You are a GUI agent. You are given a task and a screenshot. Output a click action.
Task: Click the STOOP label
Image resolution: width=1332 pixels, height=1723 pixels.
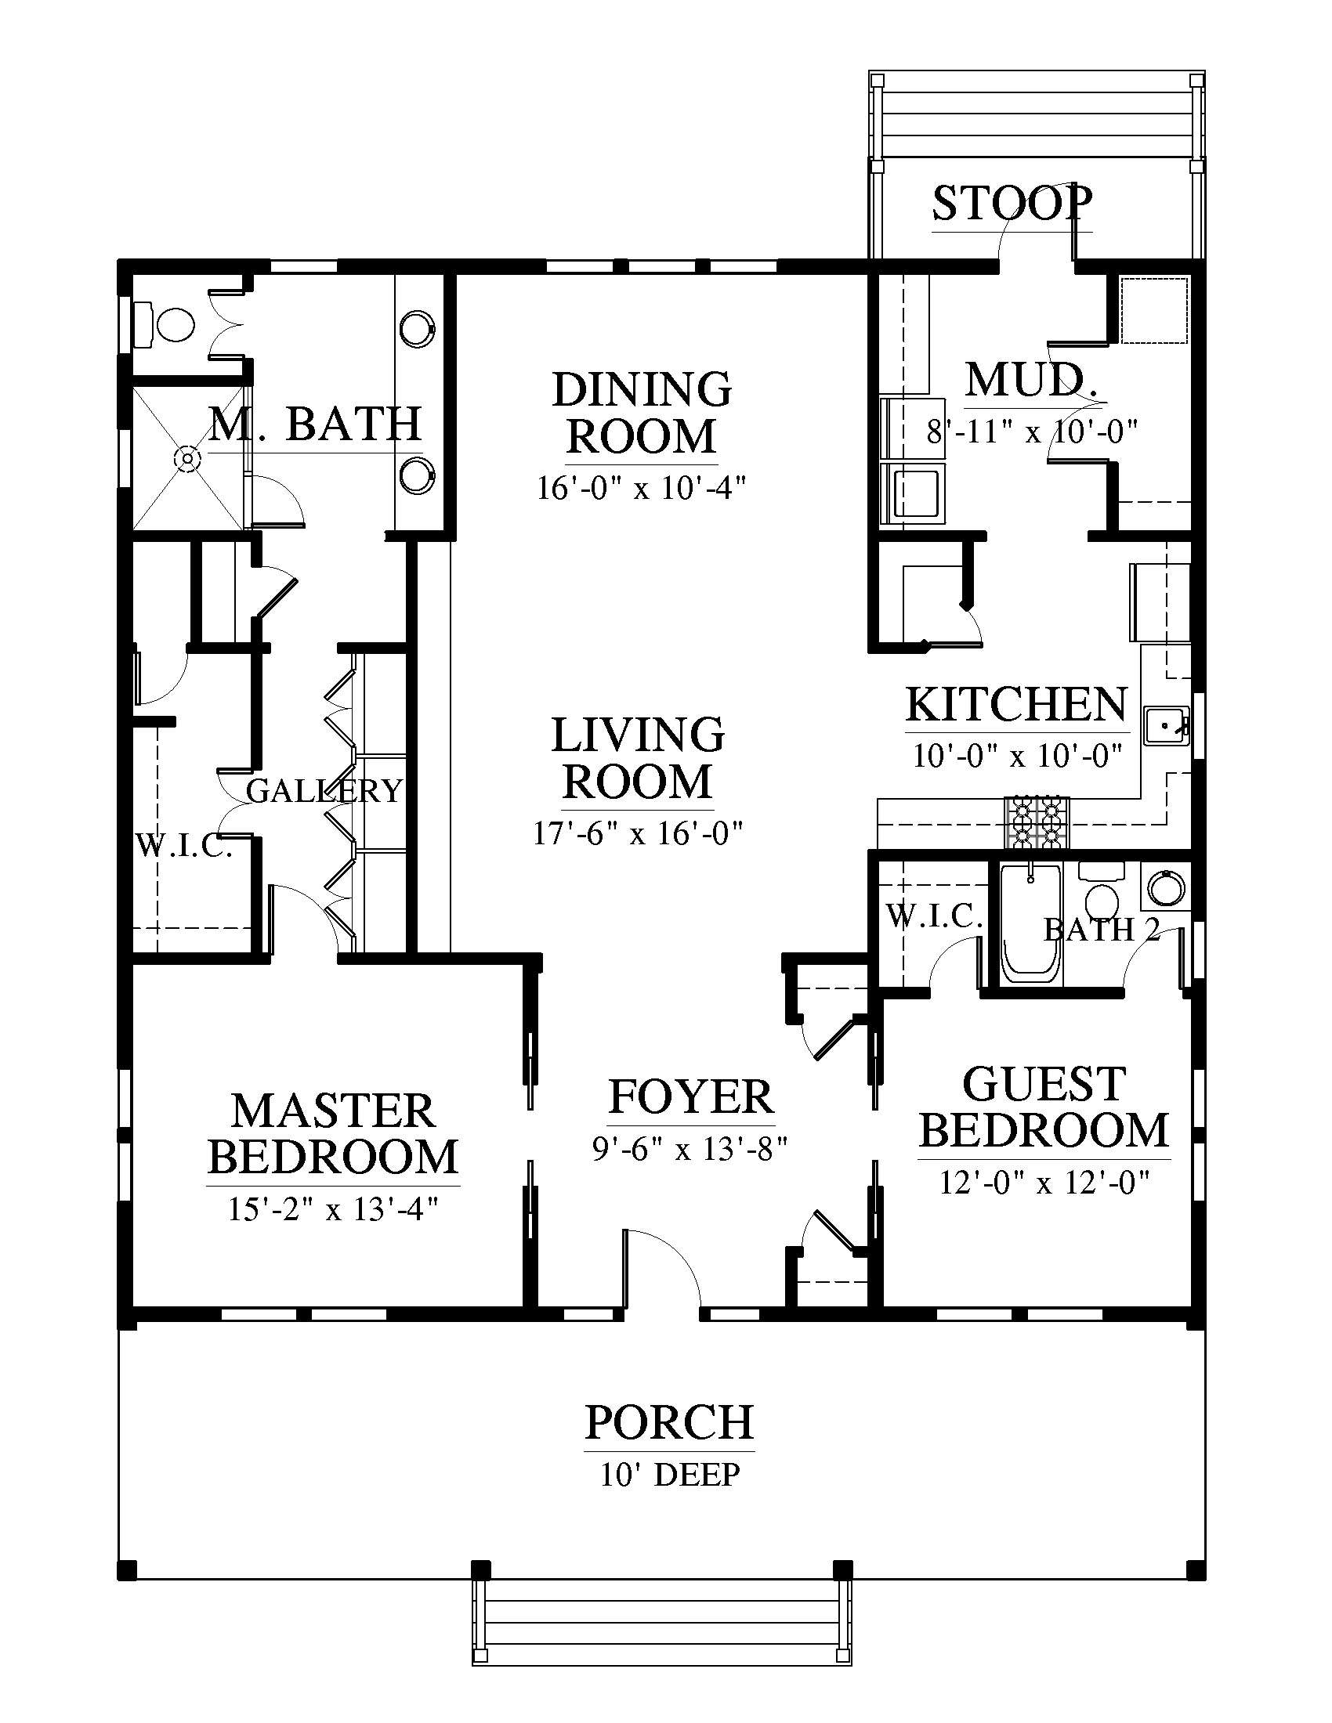point(1012,203)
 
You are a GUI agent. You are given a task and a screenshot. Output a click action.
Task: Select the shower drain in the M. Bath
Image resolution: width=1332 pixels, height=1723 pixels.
point(188,457)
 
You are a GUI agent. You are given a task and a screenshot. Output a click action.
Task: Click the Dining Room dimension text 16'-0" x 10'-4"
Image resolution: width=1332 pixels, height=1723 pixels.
point(641,489)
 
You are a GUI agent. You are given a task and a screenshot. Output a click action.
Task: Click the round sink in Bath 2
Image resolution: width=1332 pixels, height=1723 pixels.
point(1167,886)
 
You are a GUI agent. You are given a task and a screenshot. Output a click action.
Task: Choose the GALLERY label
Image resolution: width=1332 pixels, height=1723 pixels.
point(324,790)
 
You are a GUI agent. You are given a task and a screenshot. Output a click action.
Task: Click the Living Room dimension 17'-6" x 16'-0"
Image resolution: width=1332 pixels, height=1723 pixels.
point(639,833)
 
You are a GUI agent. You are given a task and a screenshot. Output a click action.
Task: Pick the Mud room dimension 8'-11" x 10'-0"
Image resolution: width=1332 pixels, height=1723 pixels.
point(1032,432)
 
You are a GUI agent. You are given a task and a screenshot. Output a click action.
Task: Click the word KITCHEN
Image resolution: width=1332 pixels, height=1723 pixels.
point(1017,705)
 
